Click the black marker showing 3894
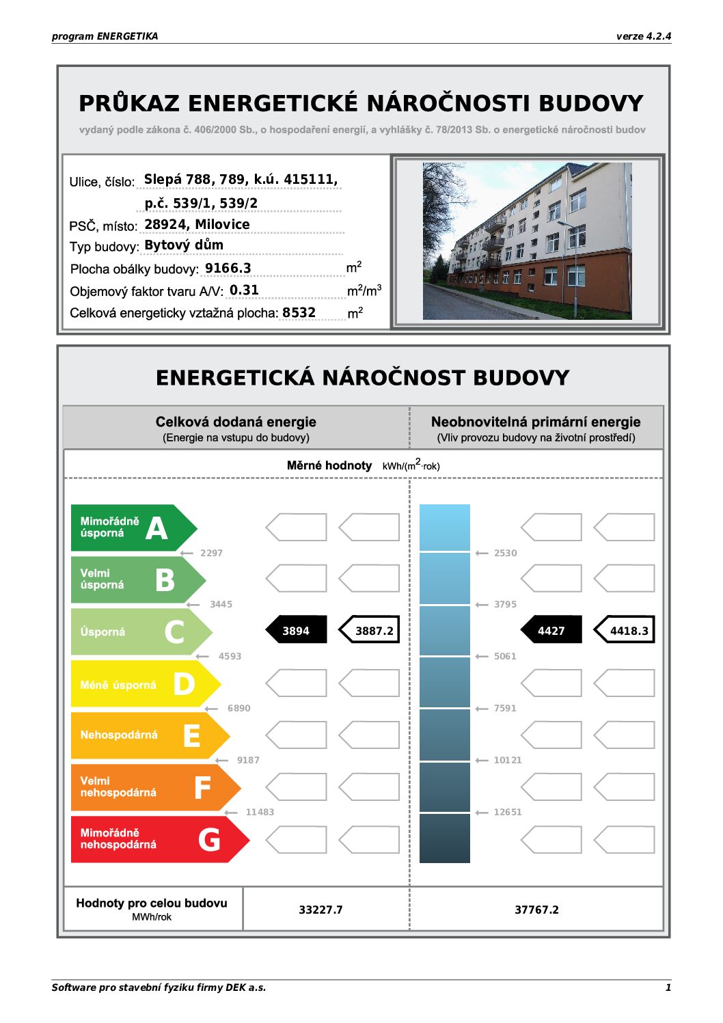[296, 630]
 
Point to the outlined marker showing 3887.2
[370, 630]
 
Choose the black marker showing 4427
[551, 630]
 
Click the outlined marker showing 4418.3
[625, 630]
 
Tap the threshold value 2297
[211, 553]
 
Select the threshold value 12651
[508, 812]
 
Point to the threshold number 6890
[239, 708]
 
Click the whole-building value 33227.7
[320, 910]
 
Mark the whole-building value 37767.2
[536, 910]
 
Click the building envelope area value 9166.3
[228, 268]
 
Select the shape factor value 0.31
[244, 290]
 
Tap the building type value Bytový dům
[184, 245]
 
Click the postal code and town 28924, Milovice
[197, 224]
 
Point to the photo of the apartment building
[527, 241]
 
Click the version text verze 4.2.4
[643, 36]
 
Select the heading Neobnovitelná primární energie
[536, 422]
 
